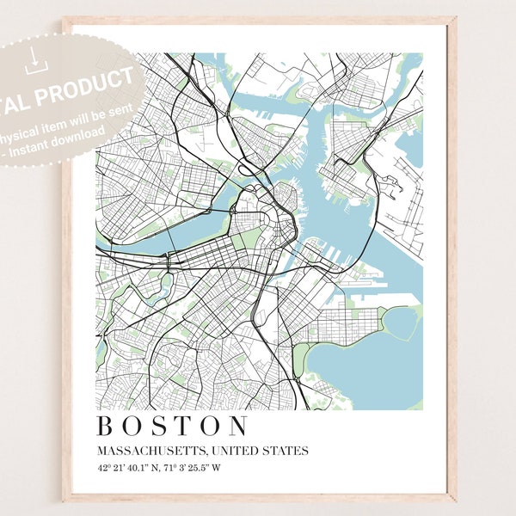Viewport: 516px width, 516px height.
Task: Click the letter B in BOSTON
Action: point(107,427)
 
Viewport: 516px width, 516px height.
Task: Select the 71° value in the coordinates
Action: point(175,469)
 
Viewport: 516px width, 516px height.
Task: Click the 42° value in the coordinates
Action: point(102,469)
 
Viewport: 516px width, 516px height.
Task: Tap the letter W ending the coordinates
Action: point(216,469)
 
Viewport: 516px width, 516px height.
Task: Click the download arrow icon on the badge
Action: point(33,58)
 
